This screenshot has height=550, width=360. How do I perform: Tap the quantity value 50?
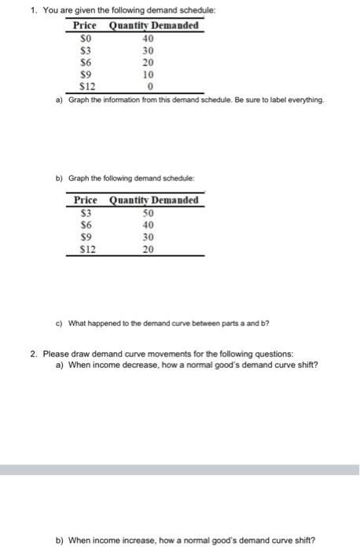[x=149, y=212]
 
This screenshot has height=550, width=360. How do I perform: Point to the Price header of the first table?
[x=85, y=25]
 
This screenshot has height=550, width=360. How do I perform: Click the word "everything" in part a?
[x=303, y=101]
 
